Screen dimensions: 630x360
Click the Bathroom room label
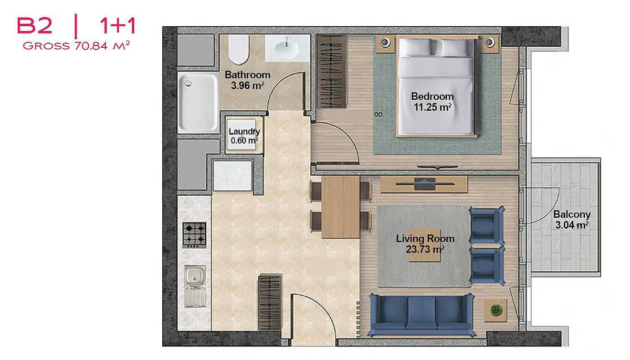point(247,75)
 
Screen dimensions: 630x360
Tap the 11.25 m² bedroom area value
point(433,107)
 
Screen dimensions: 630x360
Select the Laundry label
point(244,131)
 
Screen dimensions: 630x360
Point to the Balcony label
point(572,215)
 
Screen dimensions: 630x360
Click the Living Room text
point(425,239)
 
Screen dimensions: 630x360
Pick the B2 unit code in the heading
point(35,26)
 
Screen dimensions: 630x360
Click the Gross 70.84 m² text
point(76,46)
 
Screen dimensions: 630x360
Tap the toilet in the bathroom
point(239,50)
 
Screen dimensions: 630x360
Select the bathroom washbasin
point(287,48)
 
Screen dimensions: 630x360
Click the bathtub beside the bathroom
point(198,102)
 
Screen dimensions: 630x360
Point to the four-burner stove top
point(194,235)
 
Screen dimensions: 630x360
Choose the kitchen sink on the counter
point(195,287)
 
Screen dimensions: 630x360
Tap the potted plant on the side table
point(496,310)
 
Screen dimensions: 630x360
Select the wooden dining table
point(341,207)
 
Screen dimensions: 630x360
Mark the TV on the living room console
point(425,184)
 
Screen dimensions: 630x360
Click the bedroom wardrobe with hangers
point(331,71)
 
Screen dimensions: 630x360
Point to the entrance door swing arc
point(323,307)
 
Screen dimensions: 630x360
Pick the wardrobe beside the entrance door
point(270,302)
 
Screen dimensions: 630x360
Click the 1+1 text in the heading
point(118,26)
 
